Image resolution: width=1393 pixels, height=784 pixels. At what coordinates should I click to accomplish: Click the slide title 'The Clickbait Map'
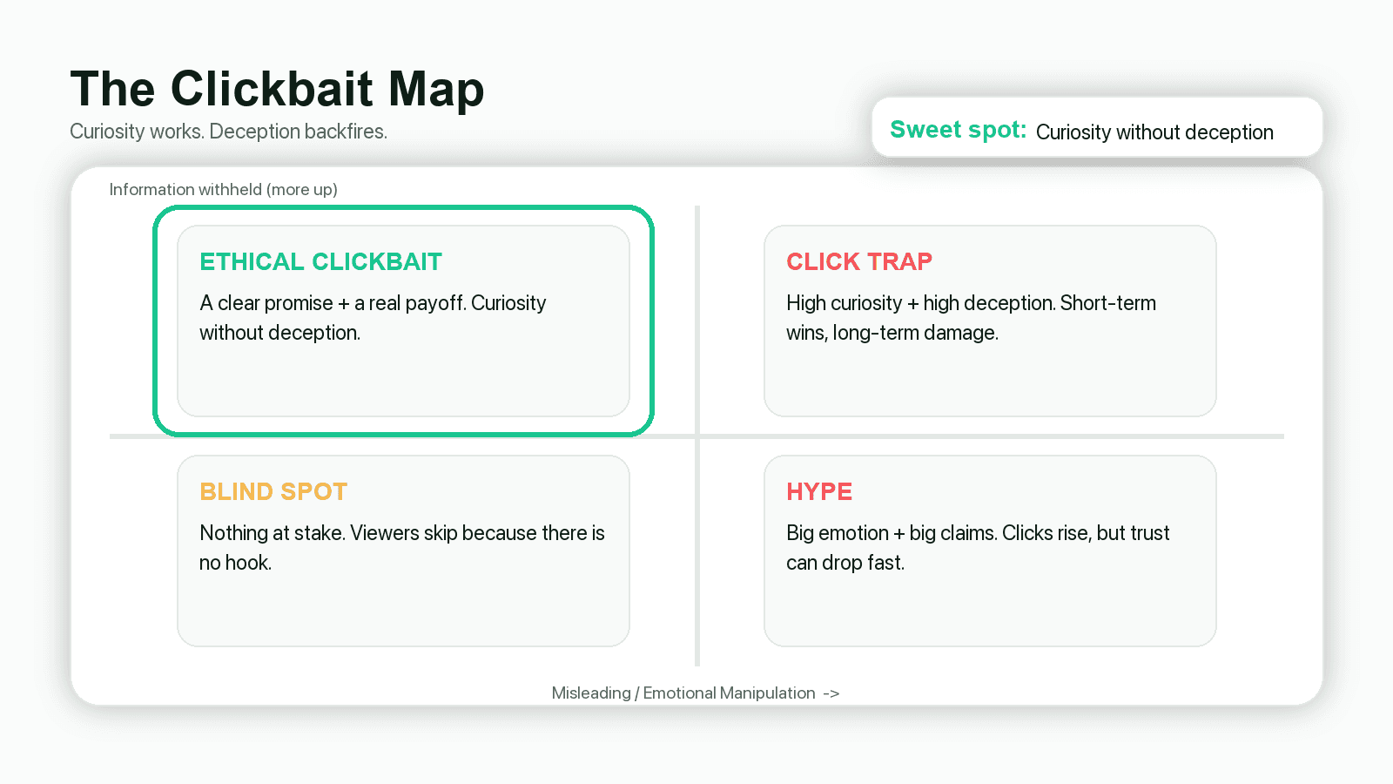[277, 90]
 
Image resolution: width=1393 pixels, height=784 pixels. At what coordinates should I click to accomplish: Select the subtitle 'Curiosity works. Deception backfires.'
[228, 132]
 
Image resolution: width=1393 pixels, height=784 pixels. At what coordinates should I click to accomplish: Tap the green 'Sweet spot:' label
[958, 130]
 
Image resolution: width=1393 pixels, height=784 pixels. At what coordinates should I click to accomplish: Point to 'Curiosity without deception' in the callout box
[1154, 132]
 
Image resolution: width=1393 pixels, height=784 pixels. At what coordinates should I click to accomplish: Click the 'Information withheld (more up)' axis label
[223, 190]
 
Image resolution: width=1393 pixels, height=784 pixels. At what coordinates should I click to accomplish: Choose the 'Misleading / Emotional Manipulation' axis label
[683, 693]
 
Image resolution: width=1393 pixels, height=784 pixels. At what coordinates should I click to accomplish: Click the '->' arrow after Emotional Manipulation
[831, 693]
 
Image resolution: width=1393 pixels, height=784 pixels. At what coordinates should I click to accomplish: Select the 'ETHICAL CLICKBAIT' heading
[320, 262]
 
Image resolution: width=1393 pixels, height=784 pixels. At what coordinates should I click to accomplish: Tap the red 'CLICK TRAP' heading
[859, 262]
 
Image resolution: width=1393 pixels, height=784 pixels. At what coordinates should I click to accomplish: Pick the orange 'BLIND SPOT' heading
[273, 492]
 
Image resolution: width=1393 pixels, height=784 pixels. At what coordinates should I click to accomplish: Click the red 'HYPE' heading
[819, 492]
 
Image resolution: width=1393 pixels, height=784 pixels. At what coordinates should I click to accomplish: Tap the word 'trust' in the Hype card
[1150, 533]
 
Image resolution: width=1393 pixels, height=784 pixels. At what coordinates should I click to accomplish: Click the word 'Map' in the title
[436, 90]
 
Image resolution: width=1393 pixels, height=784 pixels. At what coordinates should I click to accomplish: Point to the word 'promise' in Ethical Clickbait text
[299, 303]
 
